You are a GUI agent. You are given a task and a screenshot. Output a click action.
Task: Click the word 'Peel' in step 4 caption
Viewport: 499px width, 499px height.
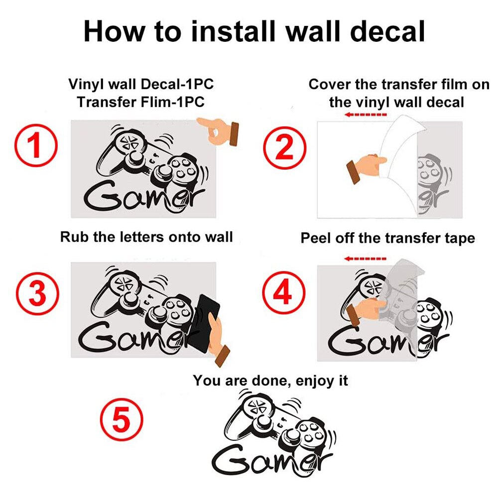[316, 238]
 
